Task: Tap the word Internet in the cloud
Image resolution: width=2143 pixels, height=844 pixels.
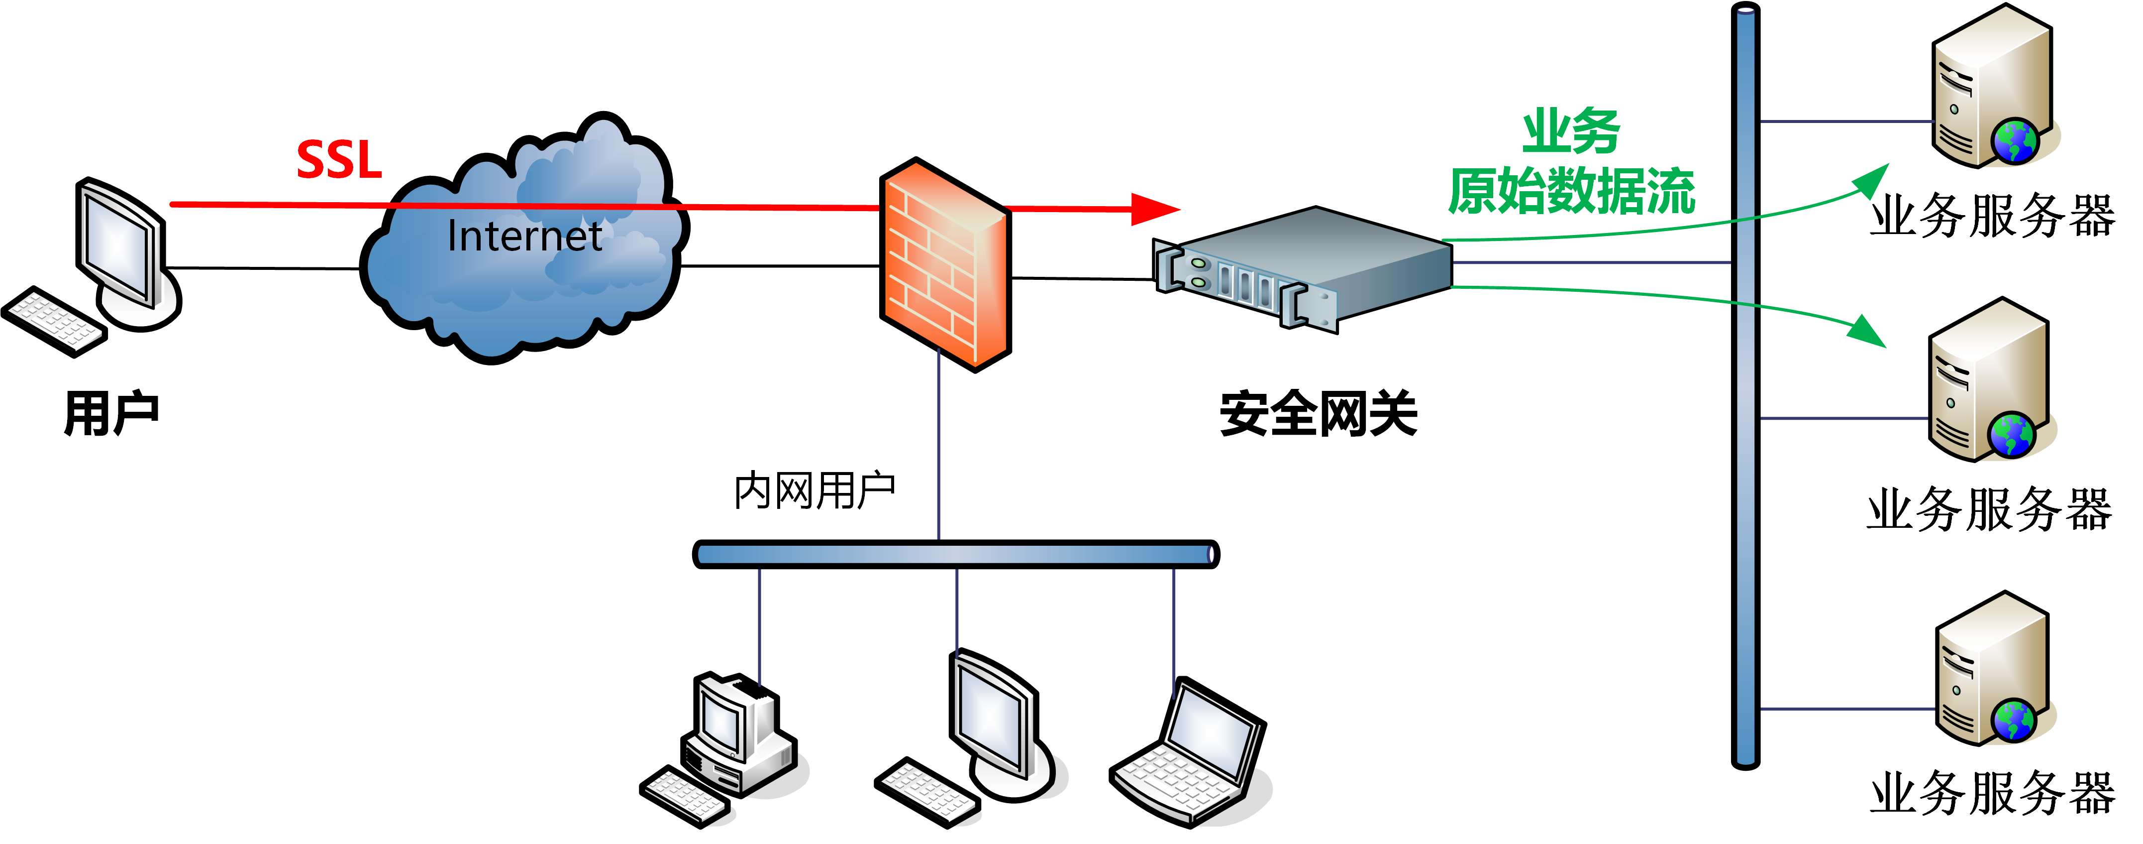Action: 524,237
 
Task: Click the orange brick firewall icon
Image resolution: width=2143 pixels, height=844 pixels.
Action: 945,265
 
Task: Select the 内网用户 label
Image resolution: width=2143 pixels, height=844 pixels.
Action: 814,490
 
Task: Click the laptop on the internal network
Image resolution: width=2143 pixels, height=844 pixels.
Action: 1190,753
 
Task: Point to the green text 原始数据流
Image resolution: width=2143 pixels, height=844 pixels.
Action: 1571,191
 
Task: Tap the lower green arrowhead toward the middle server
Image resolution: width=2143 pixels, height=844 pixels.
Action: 1868,331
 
